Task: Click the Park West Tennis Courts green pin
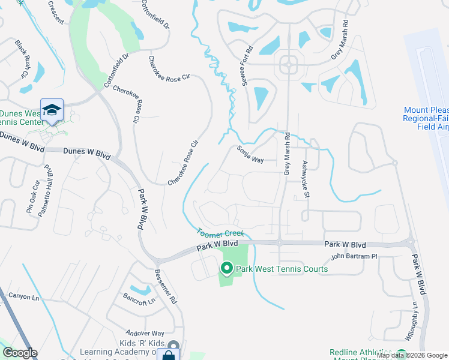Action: pyautogui.click(x=228, y=268)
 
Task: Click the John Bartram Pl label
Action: pyautogui.click(x=354, y=257)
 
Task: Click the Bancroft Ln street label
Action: pyautogui.click(x=139, y=298)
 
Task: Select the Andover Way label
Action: pyautogui.click(x=145, y=333)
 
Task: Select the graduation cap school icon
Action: pyautogui.click(x=52, y=109)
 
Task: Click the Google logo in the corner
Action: pyautogui.click(x=20, y=353)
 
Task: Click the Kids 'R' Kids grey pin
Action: pyautogui.click(x=173, y=346)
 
